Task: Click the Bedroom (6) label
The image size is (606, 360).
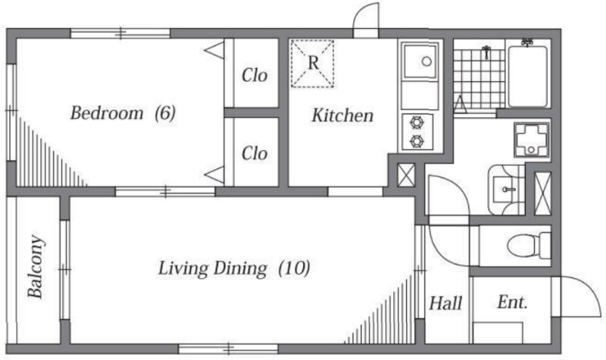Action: pos(123,113)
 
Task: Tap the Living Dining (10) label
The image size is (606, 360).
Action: pos(234,268)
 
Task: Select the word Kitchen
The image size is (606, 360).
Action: pos(343,115)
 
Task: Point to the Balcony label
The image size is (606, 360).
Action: pos(36,267)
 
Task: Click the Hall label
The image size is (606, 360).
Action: pos(445,303)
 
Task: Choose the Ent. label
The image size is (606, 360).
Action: pos(512,302)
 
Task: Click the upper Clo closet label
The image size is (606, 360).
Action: pos(255,75)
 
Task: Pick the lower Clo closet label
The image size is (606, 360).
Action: pos(255,154)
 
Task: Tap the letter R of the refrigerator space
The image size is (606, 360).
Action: pos(314,63)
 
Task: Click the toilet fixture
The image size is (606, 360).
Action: pos(529,246)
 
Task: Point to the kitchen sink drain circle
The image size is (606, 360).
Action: pos(426,61)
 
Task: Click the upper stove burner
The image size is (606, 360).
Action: pos(417,123)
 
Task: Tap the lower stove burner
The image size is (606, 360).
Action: pos(417,141)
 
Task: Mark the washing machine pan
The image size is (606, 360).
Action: pos(532,139)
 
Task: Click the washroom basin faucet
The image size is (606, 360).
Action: pos(508,189)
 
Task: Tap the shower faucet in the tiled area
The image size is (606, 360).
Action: pos(486,52)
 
